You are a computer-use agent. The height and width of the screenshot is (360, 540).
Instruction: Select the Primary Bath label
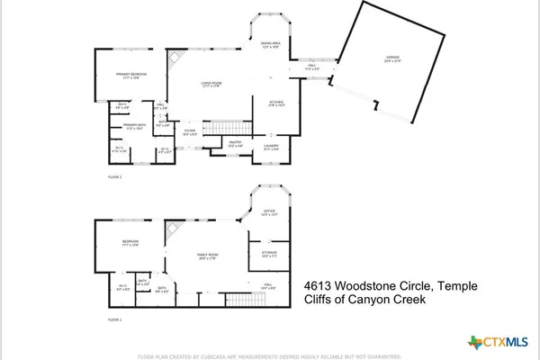(134, 127)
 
